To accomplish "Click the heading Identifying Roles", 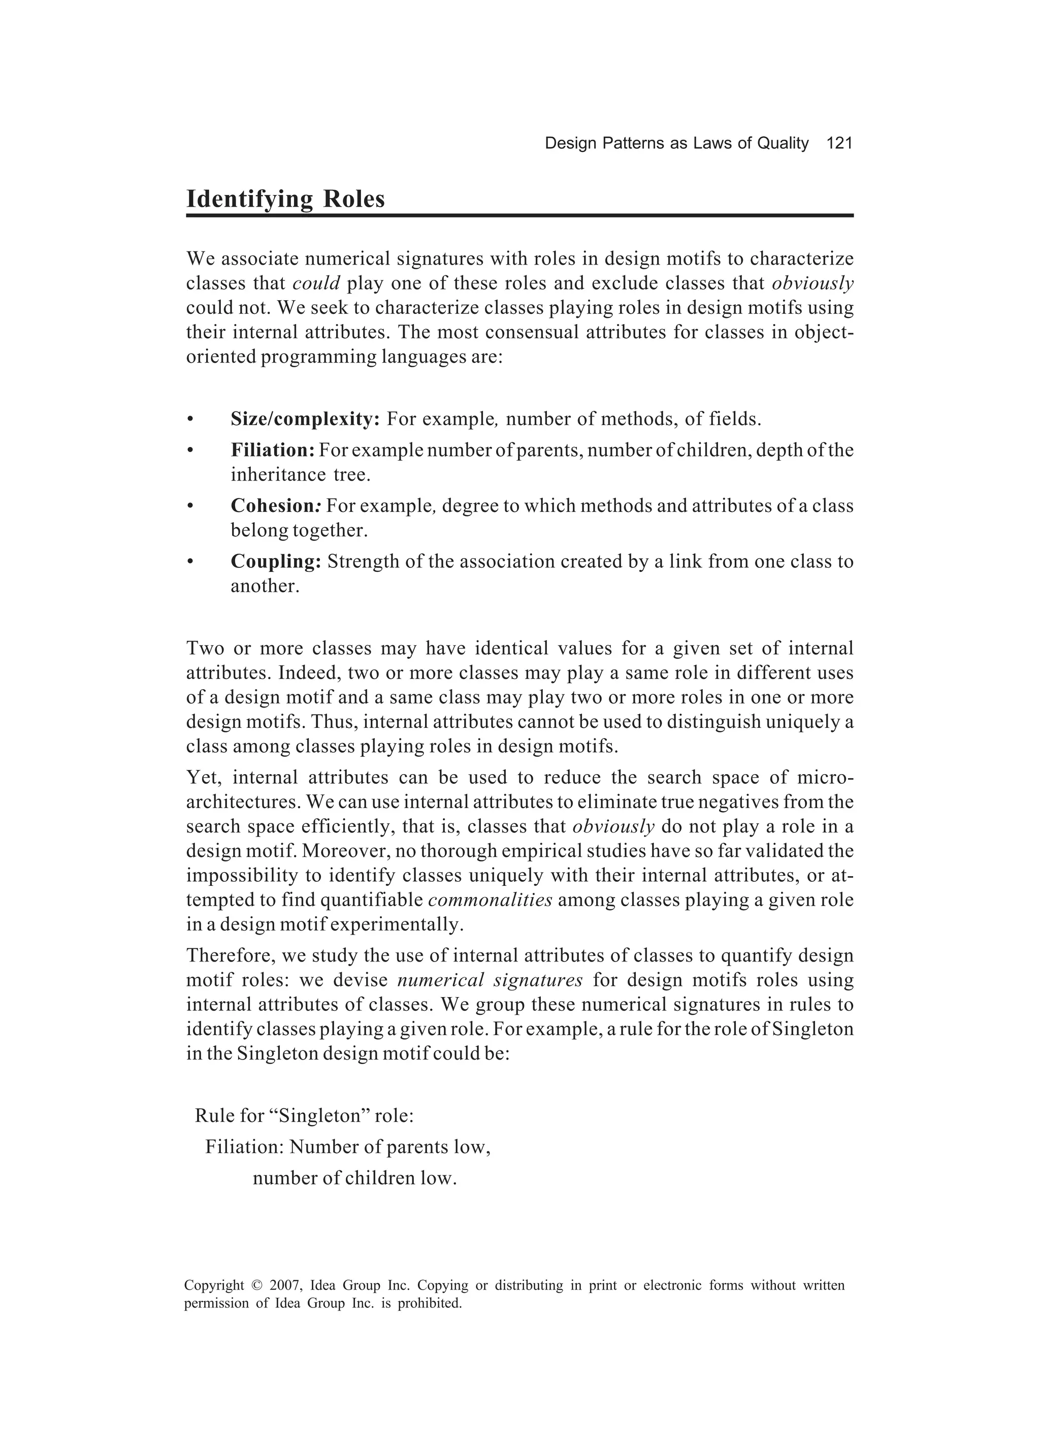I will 285,199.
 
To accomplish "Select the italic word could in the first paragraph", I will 316,283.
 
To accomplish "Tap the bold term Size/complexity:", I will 305,420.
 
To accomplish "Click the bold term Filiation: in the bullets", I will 273,451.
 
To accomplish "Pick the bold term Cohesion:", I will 276,506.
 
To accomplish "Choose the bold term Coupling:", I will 276,562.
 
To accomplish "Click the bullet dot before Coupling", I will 189,562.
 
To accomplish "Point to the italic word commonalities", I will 490,900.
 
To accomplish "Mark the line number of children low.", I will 354,1178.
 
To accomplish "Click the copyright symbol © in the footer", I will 256,1286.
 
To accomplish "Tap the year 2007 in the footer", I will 284,1286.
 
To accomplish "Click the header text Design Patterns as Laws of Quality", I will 676,144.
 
